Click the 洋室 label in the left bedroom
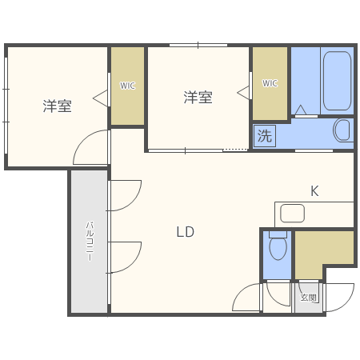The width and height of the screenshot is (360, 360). pos(57,105)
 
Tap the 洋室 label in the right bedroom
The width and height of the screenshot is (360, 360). pos(198,98)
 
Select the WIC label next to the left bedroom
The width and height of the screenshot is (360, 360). pos(127,85)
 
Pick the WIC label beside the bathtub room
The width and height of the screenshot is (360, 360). pos(270,82)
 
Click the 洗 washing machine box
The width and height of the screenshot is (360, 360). pos(264,136)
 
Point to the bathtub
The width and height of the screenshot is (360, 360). pos(337,81)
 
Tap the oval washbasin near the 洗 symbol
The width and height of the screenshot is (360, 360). pos(342,130)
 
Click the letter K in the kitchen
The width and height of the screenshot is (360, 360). pos(314,191)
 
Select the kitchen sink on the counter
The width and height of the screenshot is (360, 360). pos(292,213)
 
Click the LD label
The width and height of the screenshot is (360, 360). pos(186,232)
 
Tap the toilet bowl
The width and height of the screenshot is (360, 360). pos(278,249)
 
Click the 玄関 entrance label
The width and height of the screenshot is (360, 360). pos(308,298)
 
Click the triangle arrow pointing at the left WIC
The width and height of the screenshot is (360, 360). pos(100,98)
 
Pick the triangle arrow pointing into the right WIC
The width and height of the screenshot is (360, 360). pos(243,92)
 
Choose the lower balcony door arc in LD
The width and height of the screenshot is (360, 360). pos(125,256)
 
